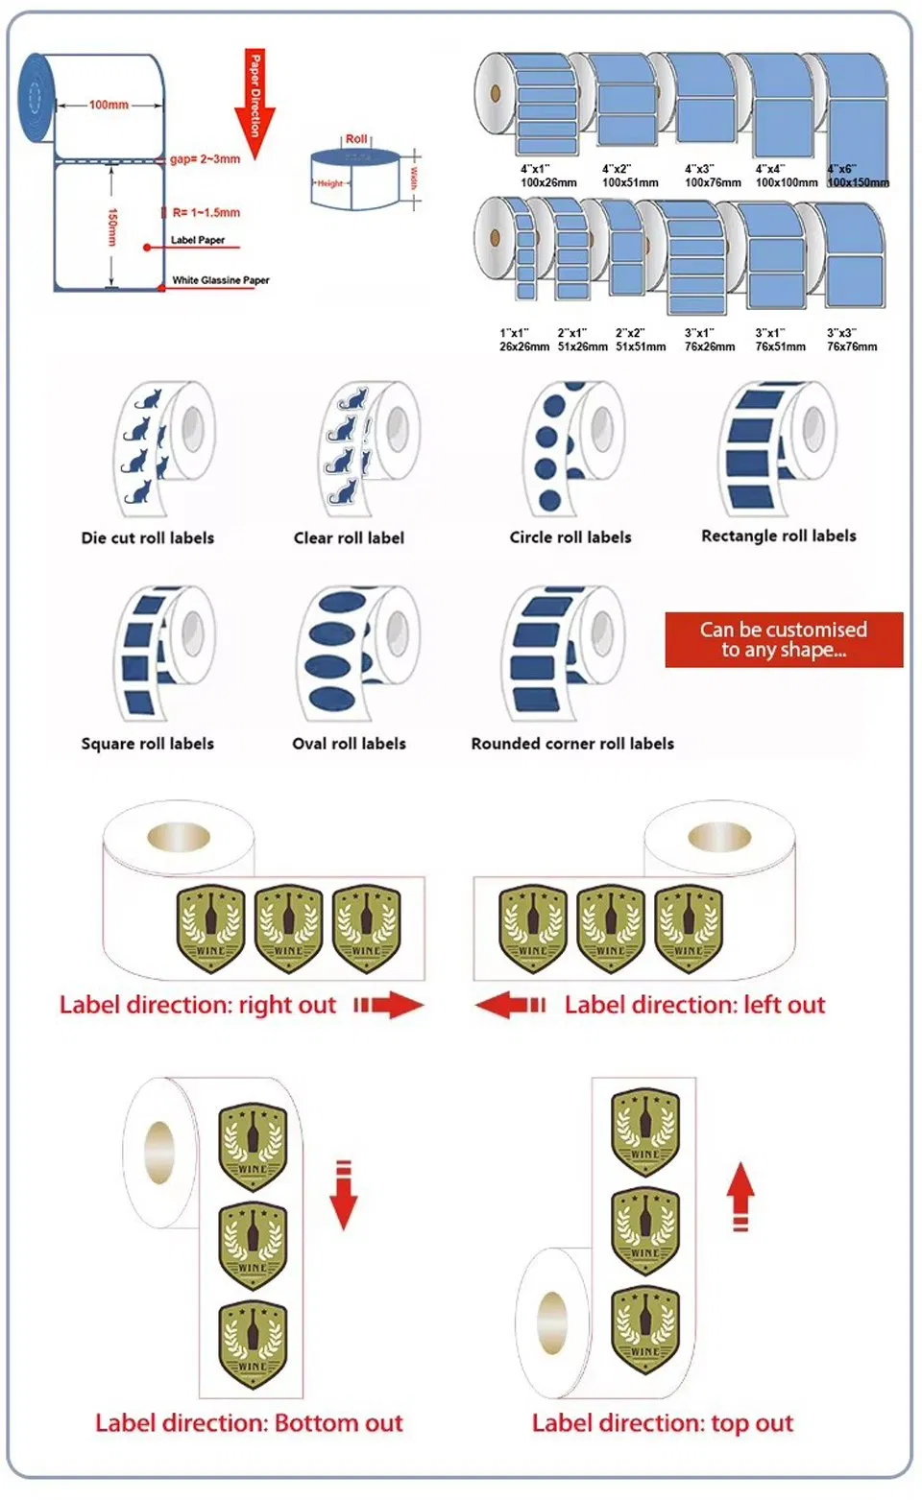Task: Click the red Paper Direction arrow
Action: coord(255,106)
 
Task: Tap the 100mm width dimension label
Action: coord(109,105)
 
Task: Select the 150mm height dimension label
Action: coord(112,226)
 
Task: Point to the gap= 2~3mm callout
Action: coord(205,159)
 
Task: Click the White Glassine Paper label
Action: coord(221,280)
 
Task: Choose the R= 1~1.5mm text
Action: coord(206,213)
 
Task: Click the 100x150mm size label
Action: coord(858,182)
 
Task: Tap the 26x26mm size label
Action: coord(524,346)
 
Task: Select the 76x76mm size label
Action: coord(852,346)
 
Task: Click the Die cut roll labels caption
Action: coord(148,538)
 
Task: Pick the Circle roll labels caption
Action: coord(570,537)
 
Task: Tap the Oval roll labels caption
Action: coord(349,744)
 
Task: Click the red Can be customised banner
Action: coord(784,640)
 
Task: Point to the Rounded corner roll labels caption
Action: coord(572,744)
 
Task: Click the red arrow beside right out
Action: coord(388,1005)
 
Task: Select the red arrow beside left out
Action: coord(511,1005)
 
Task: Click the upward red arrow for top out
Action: coord(740,1196)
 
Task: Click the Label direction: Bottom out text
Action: coord(249,1423)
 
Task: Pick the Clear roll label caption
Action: coord(349,538)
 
